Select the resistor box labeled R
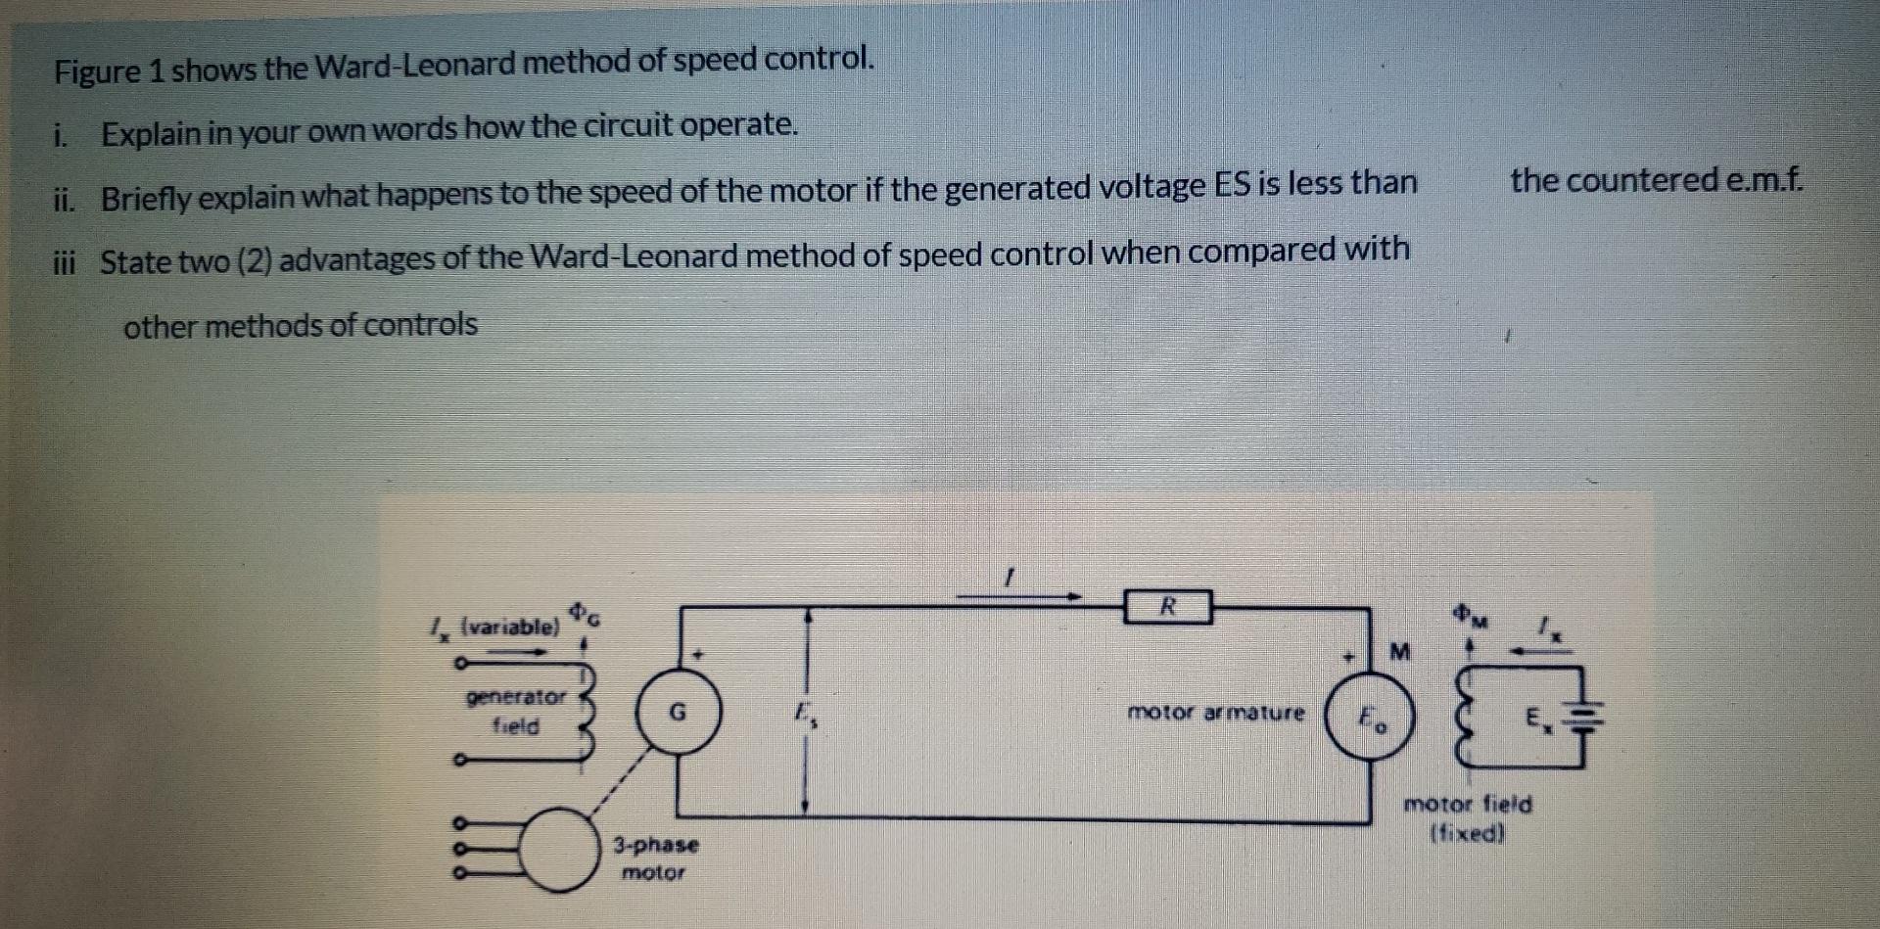pyautogui.click(x=1167, y=607)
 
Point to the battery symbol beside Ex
pyautogui.click(x=1587, y=720)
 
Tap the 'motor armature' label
pyautogui.click(x=1215, y=713)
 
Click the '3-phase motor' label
pyautogui.click(x=655, y=858)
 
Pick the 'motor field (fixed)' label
pyautogui.click(x=1467, y=818)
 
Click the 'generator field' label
pyautogui.click(x=516, y=712)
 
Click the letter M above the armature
pyautogui.click(x=1399, y=651)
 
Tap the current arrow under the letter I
pyautogui.click(x=1018, y=594)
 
